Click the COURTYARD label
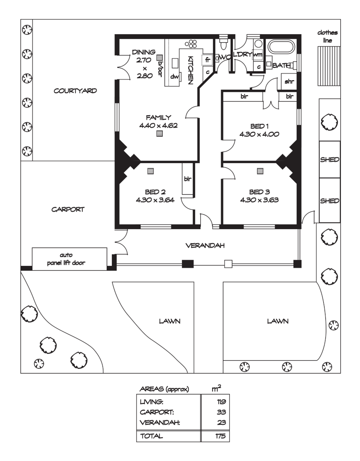click(x=75, y=90)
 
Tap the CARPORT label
click(x=68, y=209)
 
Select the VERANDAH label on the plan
click(x=205, y=245)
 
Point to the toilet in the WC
click(x=223, y=44)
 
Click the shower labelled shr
click(x=289, y=81)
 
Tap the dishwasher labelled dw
click(x=175, y=76)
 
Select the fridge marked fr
click(x=208, y=60)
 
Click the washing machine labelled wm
click(x=258, y=55)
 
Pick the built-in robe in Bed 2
click(x=187, y=178)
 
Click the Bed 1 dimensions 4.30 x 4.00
click(x=259, y=134)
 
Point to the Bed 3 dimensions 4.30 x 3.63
click(x=259, y=200)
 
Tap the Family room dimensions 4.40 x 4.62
click(x=158, y=125)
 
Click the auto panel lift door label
click(x=66, y=259)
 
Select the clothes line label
click(x=328, y=36)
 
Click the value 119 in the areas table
click(x=221, y=402)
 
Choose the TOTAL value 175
click(x=221, y=436)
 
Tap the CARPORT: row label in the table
click(x=156, y=412)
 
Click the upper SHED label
click(x=330, y=160)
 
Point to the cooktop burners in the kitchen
click(x=191, y=44)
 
